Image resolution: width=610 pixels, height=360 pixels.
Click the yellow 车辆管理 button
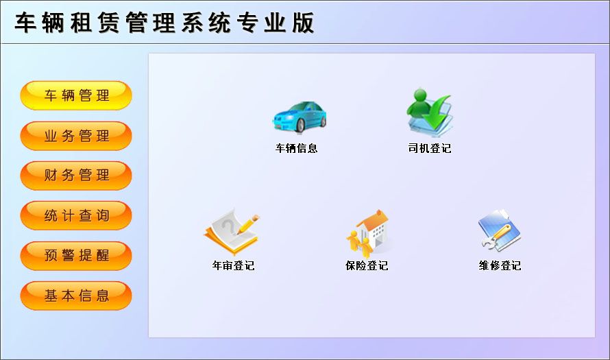coord(76,95)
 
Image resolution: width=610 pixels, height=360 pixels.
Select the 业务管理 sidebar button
coord(76,136)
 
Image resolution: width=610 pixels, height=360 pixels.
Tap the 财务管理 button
coord(76,176)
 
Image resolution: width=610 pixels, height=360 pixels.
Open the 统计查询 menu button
coord(76,215)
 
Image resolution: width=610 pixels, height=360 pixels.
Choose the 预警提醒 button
coord(76,256)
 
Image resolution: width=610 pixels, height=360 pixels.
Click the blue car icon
coord(299,117)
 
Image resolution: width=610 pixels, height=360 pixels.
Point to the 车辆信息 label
coord(297,148)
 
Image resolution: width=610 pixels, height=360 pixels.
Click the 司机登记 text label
coord(430,148)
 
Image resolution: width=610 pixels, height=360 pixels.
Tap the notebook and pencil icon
coord(232,231)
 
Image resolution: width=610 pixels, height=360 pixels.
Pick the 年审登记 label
coord(234,266)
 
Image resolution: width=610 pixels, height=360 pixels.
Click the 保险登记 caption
coord(367,266)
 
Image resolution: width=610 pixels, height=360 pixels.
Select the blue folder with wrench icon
coord(500,230)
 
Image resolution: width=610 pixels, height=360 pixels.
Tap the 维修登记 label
coord(500,266)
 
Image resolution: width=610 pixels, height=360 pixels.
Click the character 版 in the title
coord(304,23)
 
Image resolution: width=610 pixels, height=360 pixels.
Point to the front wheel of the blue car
coord(300,125)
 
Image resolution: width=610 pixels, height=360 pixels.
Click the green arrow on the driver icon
coord(437,113)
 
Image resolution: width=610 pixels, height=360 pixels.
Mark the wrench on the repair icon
coord(496,237)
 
